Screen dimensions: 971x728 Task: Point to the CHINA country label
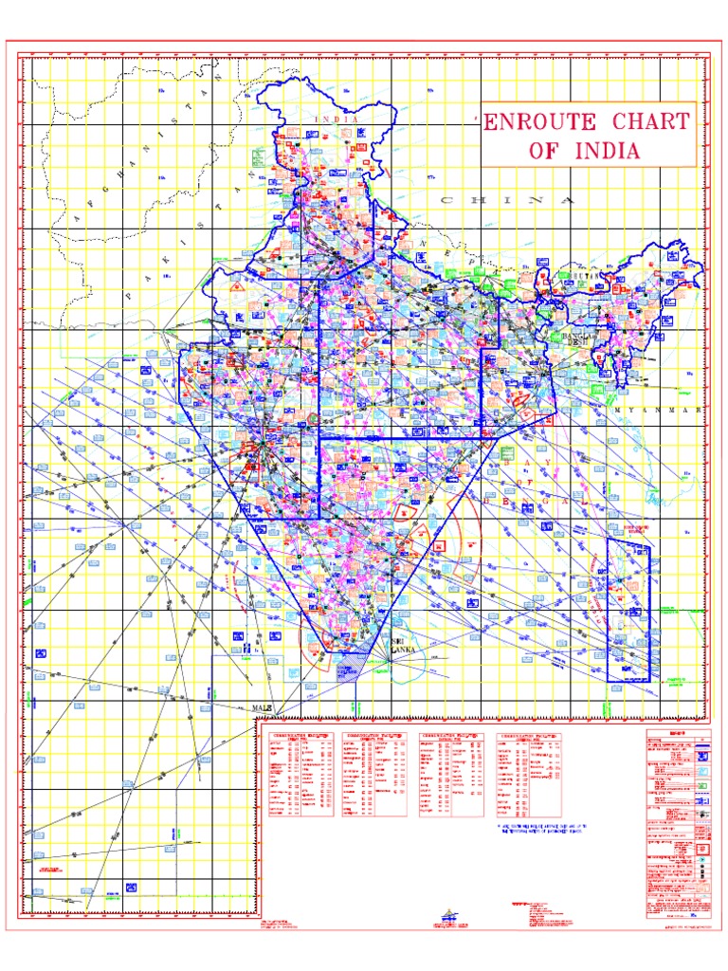coord(507,201)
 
